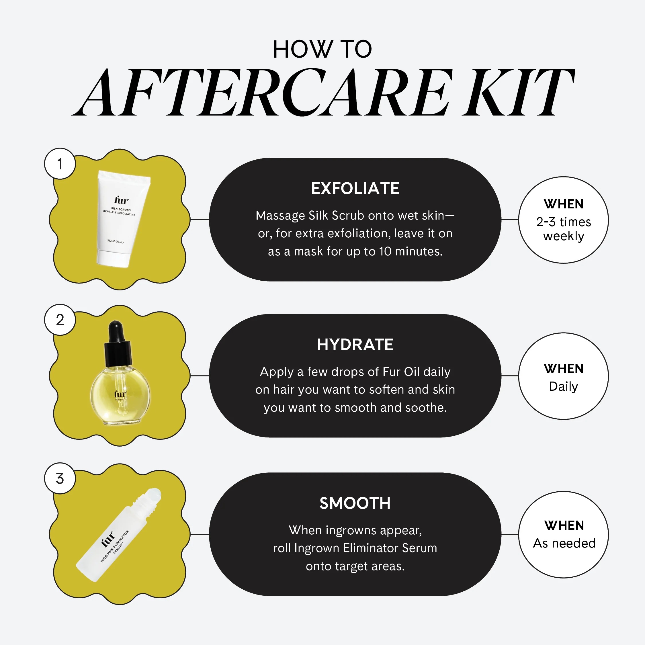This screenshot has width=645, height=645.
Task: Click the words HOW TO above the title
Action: click(322, 49)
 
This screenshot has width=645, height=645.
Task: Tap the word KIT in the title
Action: click(517, 93)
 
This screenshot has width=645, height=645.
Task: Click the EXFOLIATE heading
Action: click(355, 189)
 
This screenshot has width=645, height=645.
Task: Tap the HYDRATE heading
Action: click(355, 345)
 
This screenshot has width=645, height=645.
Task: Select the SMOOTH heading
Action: click(355, 503)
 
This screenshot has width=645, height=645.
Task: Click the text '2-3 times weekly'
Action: click(564, 229)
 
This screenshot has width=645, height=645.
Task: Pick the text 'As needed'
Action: click(564, 544)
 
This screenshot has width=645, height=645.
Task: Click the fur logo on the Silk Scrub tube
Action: click(121, 200)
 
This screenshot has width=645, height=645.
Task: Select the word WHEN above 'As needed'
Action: click(564, 525)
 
